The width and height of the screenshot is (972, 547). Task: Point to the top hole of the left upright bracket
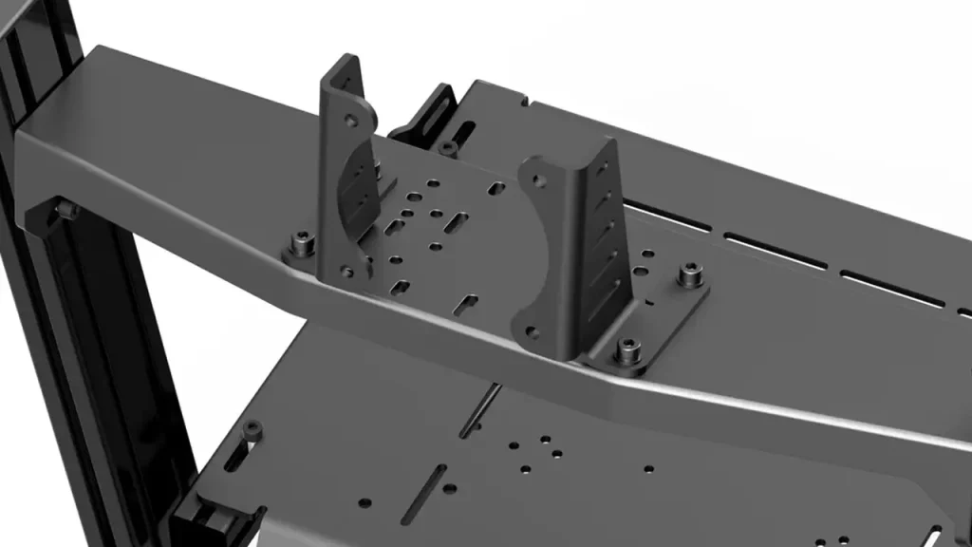tap(350, 122)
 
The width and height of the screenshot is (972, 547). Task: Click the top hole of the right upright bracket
tap(537, 179)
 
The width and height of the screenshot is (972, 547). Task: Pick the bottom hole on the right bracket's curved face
tap(532, 332)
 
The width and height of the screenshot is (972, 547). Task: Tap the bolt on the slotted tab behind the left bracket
tap(447, 147)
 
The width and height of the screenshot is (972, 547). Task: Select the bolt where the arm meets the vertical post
tap(65, 208)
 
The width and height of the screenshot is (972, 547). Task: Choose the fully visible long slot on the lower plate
tap(424, 495)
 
